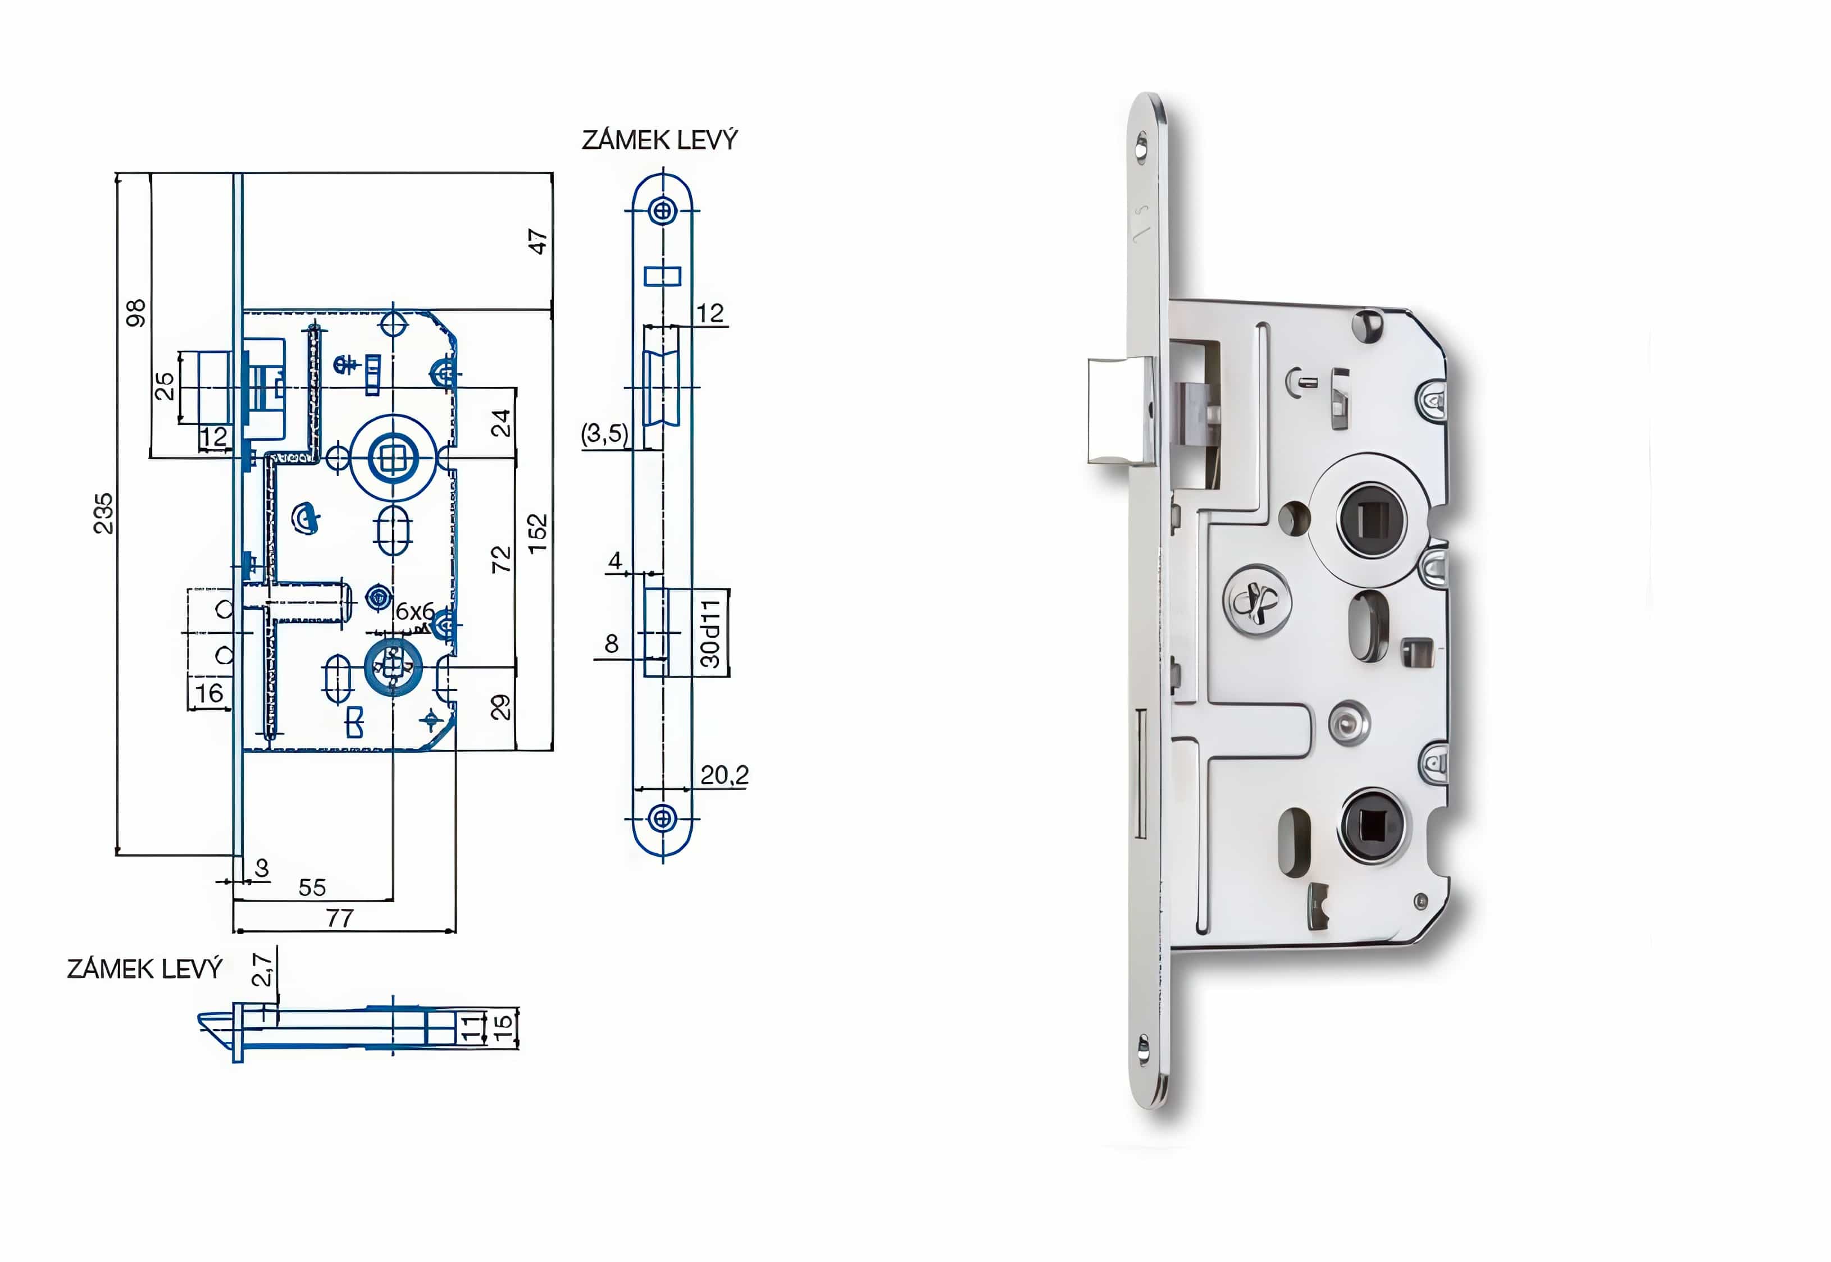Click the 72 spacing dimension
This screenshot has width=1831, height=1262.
502,559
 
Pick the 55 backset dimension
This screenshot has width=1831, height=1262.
312,887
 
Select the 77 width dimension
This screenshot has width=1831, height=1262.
340,918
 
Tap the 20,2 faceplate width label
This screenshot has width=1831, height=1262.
724,775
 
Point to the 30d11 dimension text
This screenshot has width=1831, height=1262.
711,633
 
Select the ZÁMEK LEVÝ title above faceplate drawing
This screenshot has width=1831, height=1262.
659,140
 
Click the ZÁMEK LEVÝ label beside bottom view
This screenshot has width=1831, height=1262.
145,968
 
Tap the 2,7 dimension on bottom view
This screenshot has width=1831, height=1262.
262,968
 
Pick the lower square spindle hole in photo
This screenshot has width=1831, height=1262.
1372,826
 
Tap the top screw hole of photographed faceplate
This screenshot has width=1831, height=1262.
1141,147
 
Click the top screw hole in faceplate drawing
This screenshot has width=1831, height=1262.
663,211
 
